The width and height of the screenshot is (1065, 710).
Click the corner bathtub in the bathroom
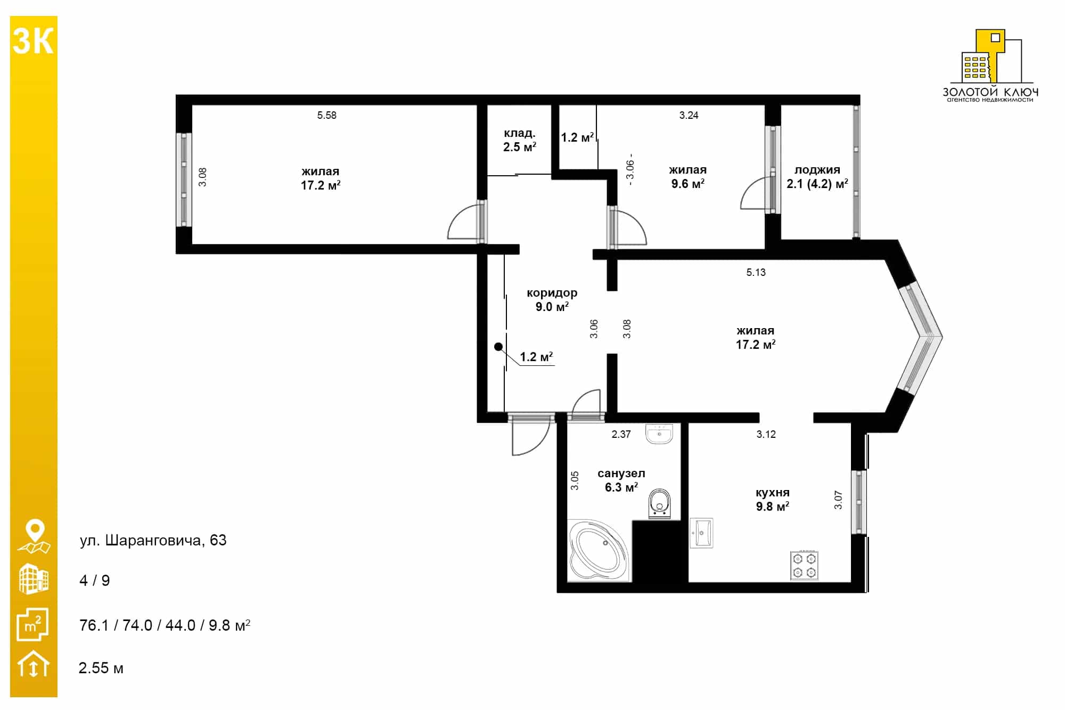(599, 551)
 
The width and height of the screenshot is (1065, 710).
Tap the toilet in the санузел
(660, 503)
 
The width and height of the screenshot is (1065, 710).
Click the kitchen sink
(702, 533)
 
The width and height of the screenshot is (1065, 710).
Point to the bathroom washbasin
(659, 434)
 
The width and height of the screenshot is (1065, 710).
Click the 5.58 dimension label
(326, 115)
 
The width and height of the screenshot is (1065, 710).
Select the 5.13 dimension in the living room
(756, 272)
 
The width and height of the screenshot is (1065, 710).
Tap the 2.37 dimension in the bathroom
(621, 434)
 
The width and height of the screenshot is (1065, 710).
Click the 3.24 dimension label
(689, 115)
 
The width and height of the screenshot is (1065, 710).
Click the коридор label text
(552, 293)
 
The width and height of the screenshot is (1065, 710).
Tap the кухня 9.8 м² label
(773, 500)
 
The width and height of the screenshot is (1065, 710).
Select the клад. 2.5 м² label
(520, 140)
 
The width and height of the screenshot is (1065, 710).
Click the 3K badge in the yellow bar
(33, 42)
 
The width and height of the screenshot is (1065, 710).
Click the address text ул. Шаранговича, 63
(153, 540)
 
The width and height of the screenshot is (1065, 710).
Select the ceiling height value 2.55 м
(101, 668)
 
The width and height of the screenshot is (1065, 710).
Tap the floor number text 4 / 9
(95, 581)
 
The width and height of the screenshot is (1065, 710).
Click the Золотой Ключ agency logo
(990, 65)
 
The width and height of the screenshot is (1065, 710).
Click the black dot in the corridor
(498, 347)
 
